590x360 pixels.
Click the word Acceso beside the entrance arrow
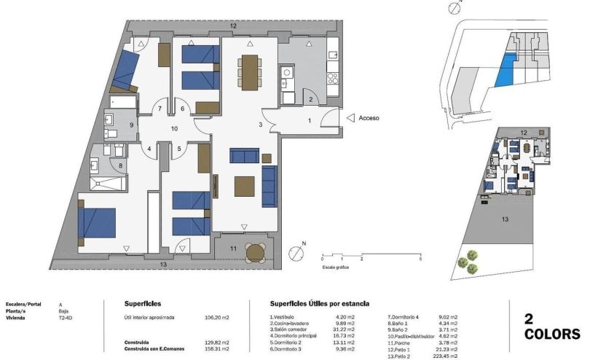click(370, 117)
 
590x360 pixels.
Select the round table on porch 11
click(255, 253)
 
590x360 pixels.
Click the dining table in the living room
click(249, 71)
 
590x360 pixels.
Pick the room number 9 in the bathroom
click(131, 125)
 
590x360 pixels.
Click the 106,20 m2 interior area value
click(216, 318)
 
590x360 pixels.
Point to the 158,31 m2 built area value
click(216, 349)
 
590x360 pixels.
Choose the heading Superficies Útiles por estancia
click(319, 303)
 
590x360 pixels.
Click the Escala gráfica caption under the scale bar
click(337, 267)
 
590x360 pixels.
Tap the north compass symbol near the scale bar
click(296, 253)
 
